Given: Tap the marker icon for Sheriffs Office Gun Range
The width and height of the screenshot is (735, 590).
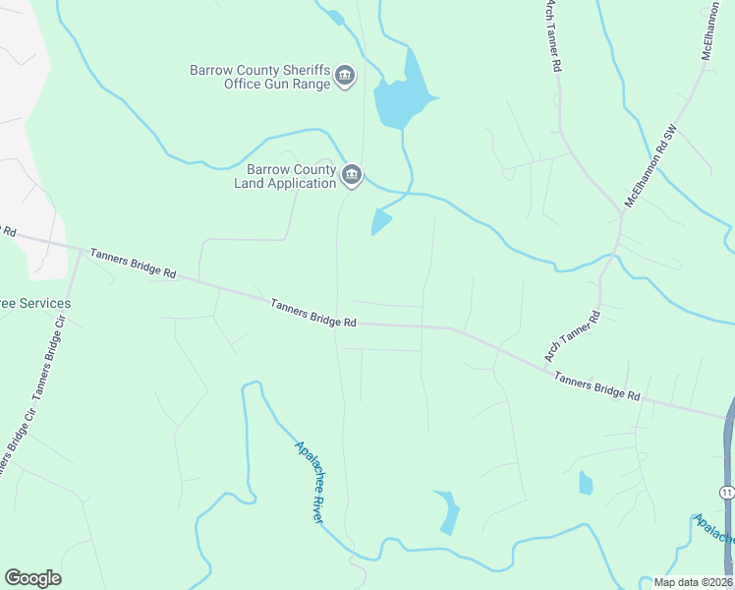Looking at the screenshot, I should click(345, 76).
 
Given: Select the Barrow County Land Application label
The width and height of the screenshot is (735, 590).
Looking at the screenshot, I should click(285, 176).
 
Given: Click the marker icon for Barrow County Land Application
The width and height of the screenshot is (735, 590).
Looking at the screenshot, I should click(352, 176).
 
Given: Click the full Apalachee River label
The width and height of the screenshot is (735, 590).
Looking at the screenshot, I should click(309, 481).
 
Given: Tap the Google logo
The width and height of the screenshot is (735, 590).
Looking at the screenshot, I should click(32, 578).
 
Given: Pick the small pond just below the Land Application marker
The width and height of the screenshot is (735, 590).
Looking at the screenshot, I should click(380, 222).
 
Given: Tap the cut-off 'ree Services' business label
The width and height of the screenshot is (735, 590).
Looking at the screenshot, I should click(35, 303).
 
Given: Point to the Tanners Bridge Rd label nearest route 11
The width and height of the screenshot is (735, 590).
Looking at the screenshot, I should click(596, 385).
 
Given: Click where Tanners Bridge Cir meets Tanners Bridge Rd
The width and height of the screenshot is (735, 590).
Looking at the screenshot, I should click(79, 251).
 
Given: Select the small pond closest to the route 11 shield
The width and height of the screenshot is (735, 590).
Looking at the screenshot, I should click(587, 482).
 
